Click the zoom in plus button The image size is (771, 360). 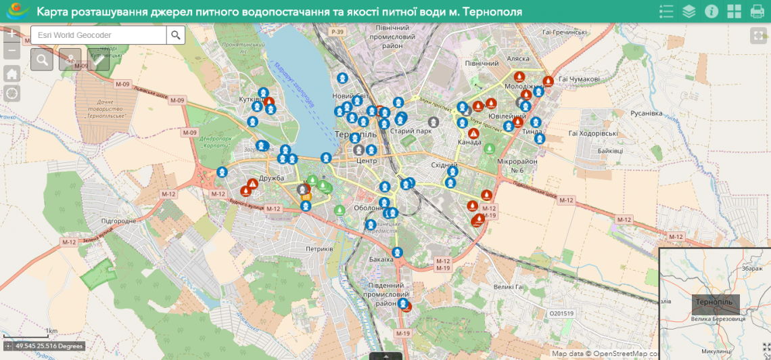[12, 34]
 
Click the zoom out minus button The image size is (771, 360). [12, 51]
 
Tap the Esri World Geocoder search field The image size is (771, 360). [99, 35]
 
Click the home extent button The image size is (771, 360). [12, 74]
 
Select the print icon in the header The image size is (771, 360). [757, 12]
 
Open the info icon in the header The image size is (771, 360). [711, 12]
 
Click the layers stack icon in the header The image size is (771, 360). [688, 12]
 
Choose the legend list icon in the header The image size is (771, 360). [666, 12]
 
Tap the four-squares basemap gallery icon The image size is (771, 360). [734, 12]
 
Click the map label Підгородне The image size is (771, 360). [118, 221]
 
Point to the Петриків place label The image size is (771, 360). [319, 249]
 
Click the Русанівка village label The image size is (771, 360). [646, 113]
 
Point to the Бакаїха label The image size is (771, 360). [381, 259]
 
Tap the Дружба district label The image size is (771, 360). [271, 178]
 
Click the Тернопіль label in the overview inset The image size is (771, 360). [715, 301]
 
